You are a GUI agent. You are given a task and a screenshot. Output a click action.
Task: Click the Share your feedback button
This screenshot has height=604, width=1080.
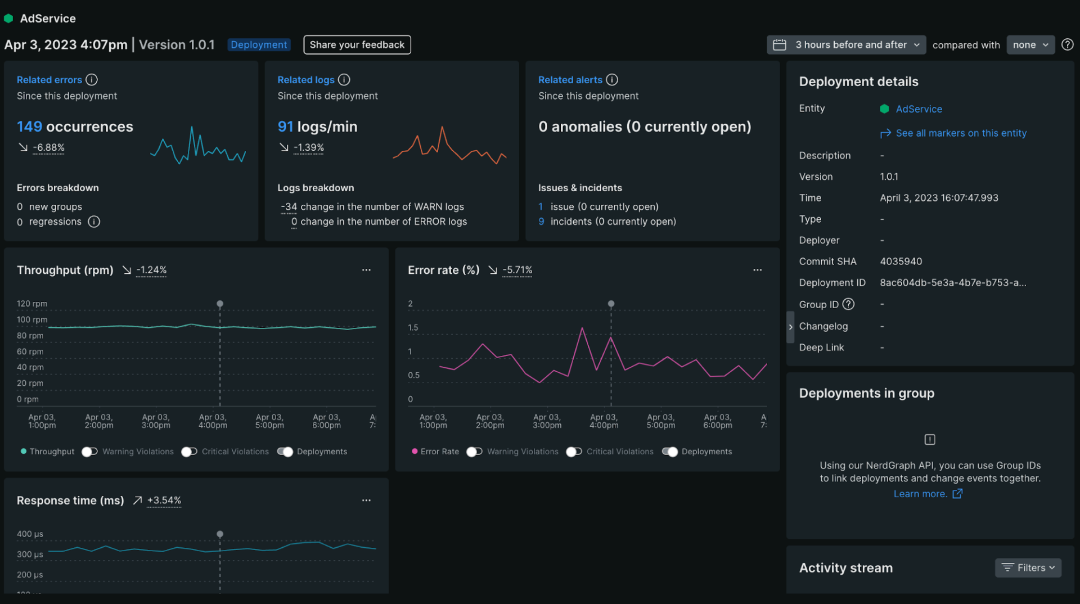[x=357, y=45]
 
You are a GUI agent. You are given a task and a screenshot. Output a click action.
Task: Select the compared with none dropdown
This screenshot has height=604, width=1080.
[x=1030, y=45]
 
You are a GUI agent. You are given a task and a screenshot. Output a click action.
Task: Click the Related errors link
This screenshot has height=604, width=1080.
[x=49, y=80]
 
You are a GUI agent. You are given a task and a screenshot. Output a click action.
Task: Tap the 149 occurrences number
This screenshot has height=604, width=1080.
[x=29, y=127]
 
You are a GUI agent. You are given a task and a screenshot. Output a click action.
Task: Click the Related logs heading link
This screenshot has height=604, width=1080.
[x=305, y=80]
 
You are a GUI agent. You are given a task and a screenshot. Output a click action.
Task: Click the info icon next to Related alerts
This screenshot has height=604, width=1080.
[x=612, y=80]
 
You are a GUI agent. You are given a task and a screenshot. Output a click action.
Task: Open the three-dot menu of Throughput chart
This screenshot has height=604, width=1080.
[x=366, y=270]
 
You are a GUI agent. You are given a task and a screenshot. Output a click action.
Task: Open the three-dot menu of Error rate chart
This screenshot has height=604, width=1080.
[x=757, y=270]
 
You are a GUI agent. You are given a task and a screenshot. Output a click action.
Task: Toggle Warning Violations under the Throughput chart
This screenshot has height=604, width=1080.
[x=89, y=452]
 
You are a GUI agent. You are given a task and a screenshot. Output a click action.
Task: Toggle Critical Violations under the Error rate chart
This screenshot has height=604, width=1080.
[x=574, y=452]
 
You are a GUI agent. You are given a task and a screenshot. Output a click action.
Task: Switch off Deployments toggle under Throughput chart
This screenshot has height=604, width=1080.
[x=285, y=452]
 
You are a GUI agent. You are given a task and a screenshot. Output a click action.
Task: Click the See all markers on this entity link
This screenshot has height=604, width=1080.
[x=960, y=133]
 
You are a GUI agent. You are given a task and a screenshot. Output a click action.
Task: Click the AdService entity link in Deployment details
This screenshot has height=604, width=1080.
[x=918, y=109]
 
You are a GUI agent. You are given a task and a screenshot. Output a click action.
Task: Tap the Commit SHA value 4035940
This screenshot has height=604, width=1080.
[x=901, y=262]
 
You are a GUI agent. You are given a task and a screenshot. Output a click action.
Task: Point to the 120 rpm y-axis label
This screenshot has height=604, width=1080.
[x=32, y=304]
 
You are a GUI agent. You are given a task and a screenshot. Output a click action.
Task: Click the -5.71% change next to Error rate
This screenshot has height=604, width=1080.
[x=517, y=270]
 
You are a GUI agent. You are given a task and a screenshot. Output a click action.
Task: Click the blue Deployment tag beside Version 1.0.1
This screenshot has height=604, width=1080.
[x=259, y=45]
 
